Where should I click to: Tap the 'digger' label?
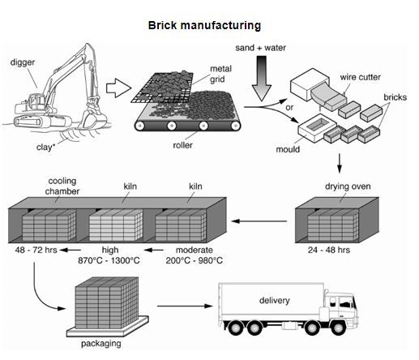point(24,62)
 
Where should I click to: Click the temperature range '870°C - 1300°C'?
point(108,260)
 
